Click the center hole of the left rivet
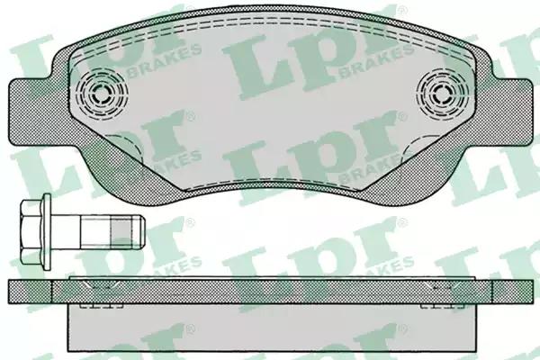coord(101,93)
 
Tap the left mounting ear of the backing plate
coord(31,112)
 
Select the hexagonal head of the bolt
coord(31,232)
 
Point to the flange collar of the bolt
coord(47,232)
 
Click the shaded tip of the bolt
coord(128,232)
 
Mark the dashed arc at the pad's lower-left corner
coord(125,147)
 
